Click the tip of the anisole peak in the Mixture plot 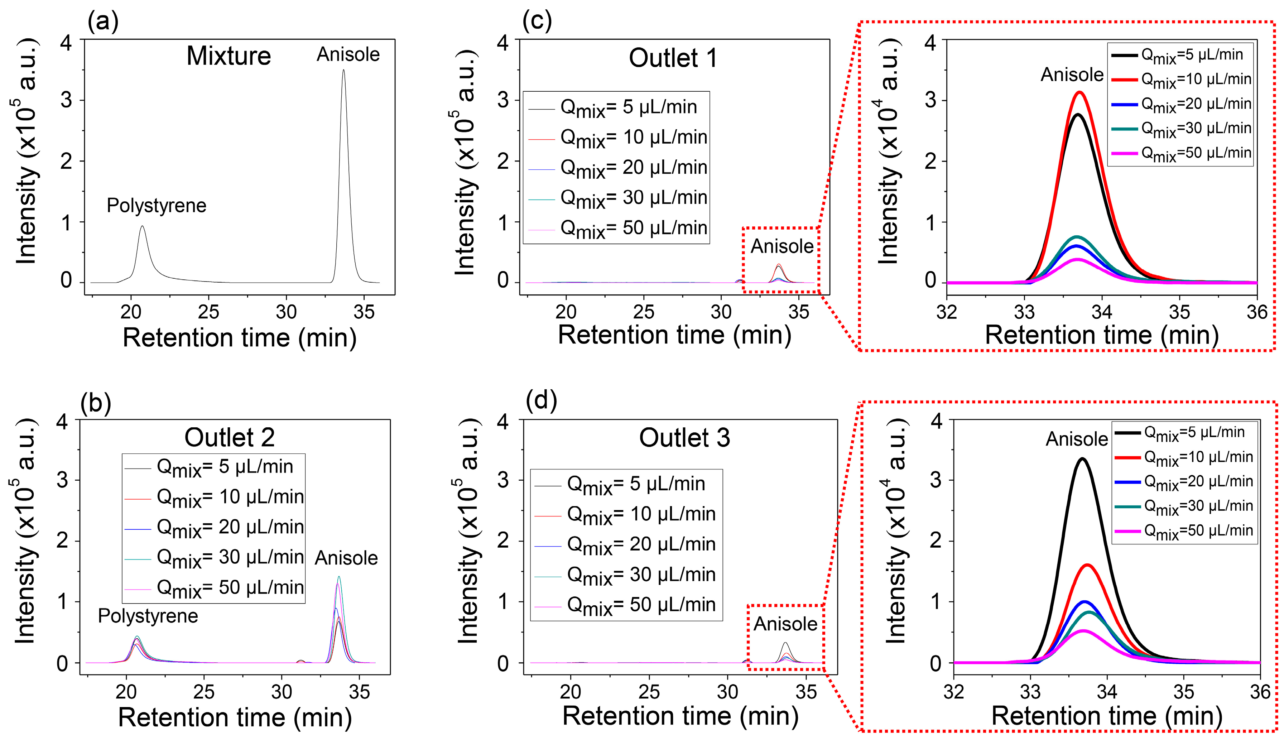point(343,70)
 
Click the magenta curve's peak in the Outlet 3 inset point(1083,631)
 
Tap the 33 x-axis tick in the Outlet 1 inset point(1024,312)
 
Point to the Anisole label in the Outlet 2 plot point(346,558)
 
